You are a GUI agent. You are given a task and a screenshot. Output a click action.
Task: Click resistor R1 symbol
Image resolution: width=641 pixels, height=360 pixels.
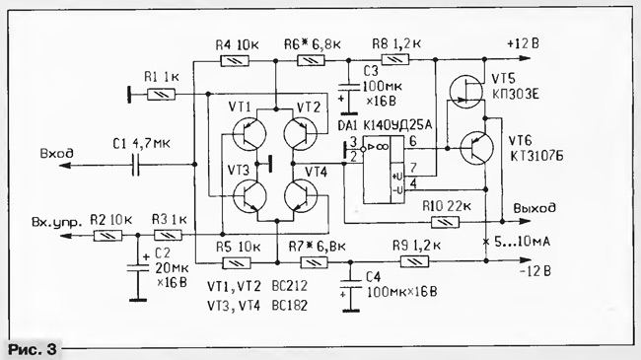click(x=161, y=95)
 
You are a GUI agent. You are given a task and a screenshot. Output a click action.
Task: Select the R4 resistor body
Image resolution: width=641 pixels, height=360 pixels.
click(x=235, y=61)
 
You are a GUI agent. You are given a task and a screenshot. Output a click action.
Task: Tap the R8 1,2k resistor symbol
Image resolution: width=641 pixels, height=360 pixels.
click(x=394, y=60)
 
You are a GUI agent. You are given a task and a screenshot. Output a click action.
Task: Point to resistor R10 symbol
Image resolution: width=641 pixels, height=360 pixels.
click(x=445, y=222)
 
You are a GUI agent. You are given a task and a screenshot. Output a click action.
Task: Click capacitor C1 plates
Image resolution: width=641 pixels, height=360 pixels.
click(x=136, y=165)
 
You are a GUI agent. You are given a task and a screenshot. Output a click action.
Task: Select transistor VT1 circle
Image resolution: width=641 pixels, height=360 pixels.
click(x=249, y=134)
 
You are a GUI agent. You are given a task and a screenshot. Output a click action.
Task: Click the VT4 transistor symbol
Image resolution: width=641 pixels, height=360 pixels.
click(x=301, y=195)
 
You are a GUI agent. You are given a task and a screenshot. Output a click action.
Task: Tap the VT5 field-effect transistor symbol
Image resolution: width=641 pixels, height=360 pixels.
click(x=466, y=91)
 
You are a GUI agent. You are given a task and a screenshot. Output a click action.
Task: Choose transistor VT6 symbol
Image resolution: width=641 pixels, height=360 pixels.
click(x=476, y=148)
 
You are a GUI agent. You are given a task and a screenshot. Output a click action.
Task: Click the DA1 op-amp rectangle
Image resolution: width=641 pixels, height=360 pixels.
click(x=384, y=170)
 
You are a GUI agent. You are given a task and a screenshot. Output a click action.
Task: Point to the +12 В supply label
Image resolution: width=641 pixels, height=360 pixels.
click(x=523, y=43)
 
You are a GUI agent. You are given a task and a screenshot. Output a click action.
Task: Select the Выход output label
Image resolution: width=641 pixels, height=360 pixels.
click(x=534, y=208)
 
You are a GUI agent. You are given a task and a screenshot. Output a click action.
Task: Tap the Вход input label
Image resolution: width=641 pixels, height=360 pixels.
click(x=57, y=153)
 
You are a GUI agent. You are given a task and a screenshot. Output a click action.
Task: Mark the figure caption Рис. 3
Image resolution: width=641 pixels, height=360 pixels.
click(x=32, y=350)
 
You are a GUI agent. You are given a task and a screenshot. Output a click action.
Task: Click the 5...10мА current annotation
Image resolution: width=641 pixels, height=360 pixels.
click(x=522, y=242)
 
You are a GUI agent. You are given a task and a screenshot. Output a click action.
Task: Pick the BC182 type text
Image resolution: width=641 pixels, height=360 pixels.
click(x=289, y=305)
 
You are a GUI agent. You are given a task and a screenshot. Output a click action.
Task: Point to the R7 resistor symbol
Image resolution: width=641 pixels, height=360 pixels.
click(x=314, y=262)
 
